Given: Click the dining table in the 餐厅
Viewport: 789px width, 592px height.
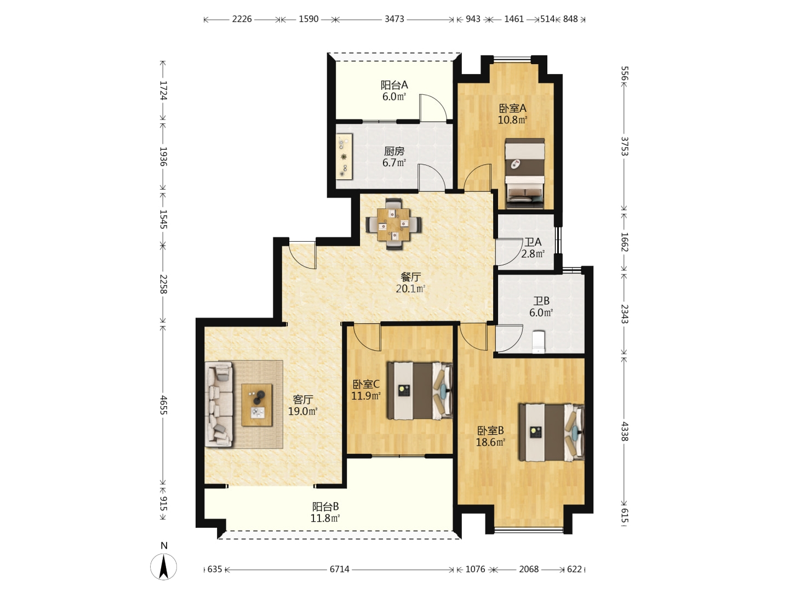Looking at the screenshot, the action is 393,224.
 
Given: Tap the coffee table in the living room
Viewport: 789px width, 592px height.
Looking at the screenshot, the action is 256,405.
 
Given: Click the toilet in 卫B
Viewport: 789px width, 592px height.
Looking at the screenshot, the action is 538,342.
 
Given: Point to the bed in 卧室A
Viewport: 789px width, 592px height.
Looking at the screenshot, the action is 525,174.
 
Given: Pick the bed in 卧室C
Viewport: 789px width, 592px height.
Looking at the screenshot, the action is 419,391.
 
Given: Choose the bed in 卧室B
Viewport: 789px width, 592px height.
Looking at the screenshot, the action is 551,433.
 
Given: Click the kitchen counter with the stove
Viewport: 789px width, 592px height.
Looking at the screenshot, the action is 344,157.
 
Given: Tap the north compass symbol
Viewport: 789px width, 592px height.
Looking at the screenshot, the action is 163,567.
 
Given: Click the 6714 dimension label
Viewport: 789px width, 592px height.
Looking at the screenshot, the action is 339,570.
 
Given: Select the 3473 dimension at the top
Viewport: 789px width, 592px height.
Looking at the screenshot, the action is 395,19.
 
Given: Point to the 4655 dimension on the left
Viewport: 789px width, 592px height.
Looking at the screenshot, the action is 163,405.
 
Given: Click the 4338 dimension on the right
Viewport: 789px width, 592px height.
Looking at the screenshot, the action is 625,431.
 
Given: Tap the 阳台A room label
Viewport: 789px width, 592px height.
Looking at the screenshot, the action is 395,85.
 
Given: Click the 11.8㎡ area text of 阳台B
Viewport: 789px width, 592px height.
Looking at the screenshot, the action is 325,518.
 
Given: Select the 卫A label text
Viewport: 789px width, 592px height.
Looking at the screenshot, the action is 533,242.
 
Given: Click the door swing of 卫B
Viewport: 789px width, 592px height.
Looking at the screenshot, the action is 509,338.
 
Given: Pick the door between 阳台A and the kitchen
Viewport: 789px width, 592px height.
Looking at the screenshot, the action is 433,107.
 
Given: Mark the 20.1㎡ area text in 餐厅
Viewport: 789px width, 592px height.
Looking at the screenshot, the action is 410,289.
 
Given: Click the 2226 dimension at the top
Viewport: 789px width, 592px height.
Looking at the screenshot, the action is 242,19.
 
